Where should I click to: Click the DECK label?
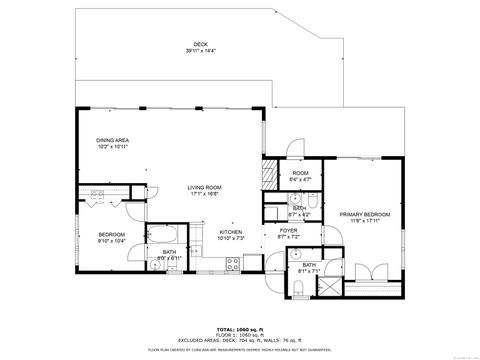(200, 44)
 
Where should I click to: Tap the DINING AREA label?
(113, 140)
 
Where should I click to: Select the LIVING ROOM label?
(205, 187)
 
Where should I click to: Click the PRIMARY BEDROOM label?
(363, 214)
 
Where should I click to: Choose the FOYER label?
(288, 230)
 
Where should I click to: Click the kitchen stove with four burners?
(232, 264)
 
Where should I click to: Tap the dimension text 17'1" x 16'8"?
(205, 194)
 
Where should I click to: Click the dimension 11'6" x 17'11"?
(363, 221)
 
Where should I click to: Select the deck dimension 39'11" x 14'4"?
(200, 50)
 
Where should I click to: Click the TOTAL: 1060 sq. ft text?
(240, 328)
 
